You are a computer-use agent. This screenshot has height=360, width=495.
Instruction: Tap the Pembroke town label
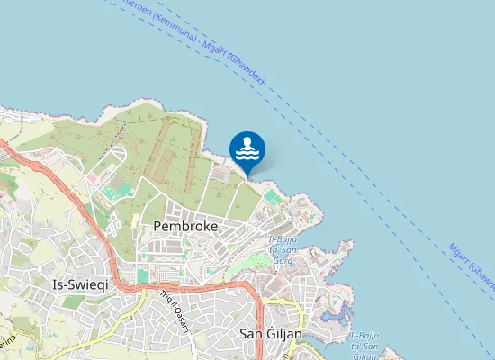186,227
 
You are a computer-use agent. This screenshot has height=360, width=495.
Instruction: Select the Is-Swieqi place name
82,283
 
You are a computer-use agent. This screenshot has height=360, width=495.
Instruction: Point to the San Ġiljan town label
271,334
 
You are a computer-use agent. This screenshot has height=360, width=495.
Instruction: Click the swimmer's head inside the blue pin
247,142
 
